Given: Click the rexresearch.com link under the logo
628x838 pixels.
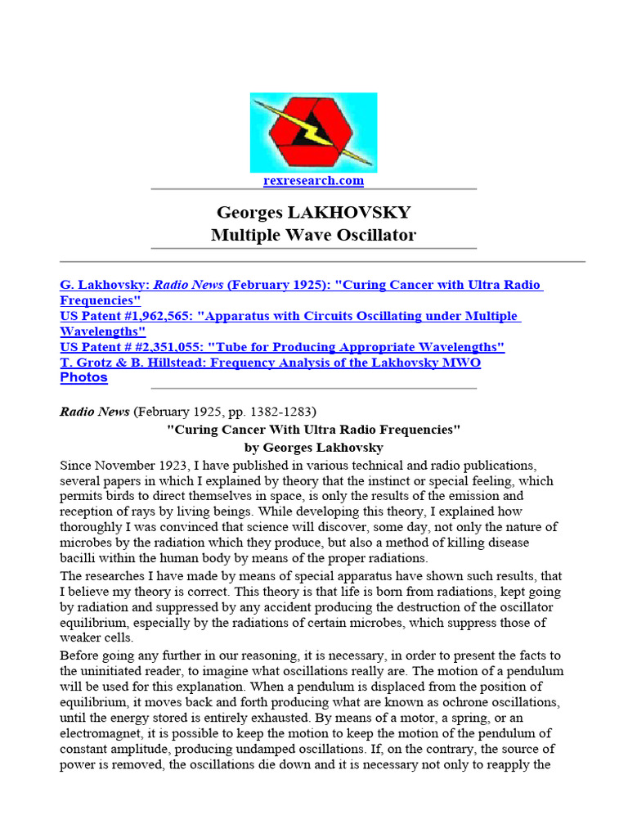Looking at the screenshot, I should point(313,181).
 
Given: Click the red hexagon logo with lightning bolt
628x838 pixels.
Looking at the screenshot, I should point(313,132).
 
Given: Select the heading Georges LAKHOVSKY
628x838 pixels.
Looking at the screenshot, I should point(313,213).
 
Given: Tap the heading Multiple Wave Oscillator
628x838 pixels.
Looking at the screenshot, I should point(313,235).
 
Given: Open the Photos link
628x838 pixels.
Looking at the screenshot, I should point(83,377).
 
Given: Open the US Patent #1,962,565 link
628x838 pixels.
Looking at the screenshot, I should point(289,316).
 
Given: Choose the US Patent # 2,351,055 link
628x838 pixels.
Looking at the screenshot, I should point(282,347).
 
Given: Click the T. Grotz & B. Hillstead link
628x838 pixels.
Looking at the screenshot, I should point(270,363).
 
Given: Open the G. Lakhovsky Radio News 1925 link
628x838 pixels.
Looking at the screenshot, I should point(300,285).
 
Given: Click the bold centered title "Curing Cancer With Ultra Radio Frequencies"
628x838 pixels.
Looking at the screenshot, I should point(314,430).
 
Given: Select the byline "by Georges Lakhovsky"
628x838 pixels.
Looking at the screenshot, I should point(314,448).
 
